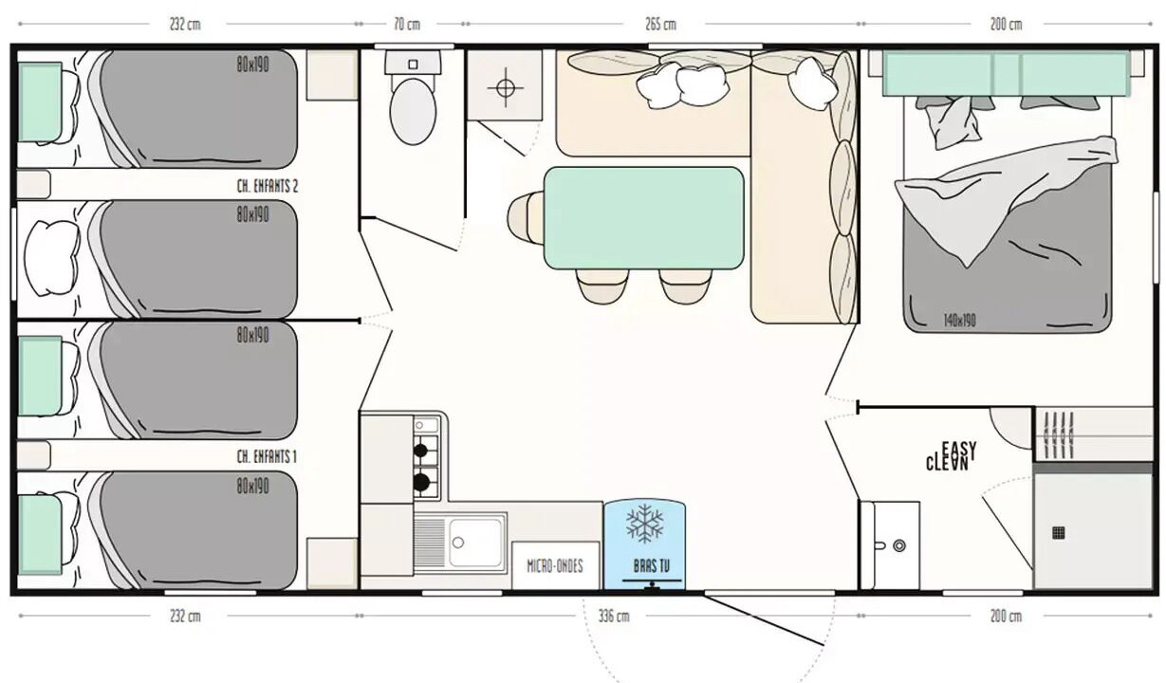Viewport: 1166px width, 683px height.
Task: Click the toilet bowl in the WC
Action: (413, 111)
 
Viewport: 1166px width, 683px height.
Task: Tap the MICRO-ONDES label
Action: (555, 566)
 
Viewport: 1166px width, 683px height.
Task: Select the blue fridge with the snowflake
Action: (644, 545)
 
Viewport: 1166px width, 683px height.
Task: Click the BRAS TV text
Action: (652, 566)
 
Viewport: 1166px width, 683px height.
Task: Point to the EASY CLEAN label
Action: (951, 456)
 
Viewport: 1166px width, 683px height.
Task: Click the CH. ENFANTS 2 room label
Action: (268, 186)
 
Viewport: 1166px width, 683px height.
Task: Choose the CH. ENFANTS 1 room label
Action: (267, 457)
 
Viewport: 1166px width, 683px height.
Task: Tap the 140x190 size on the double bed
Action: (959, 321)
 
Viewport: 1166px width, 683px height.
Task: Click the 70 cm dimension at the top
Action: (407, 25)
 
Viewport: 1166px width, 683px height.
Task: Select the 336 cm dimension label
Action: (614, 617)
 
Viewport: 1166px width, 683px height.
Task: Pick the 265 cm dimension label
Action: (660, 25)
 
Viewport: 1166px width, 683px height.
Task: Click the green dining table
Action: (644, 217)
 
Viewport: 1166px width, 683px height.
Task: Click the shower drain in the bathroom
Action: (1058, 532)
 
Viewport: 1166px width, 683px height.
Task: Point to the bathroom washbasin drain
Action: (899, 545)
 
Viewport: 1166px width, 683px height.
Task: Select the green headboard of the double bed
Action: (1007, 73)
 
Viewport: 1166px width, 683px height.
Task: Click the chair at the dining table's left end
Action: (527, 217)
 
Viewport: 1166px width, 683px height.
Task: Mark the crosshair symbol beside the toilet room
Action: (506, 87)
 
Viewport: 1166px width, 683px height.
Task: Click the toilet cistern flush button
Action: (413, 65)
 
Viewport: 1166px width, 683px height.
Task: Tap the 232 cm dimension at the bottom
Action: (185, 617)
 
